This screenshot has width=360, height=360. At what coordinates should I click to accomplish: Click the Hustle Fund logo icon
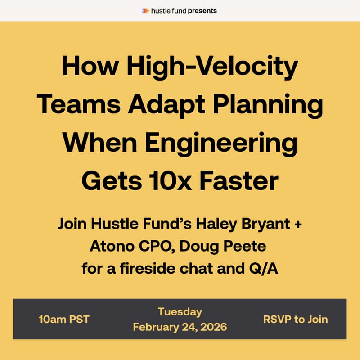pyautogui.click(x=145, y=10)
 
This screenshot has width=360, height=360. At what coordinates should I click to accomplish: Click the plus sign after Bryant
pyautogui.click(x=297, y=224)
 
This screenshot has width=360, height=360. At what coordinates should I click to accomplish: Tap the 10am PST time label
pyautogui.click(x=64, y=319)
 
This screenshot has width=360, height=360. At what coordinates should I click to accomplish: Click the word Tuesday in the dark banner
pyautogui.click(x=180, y=311)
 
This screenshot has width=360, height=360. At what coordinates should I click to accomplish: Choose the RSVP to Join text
pyautogui.click(x=295, y=319)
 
